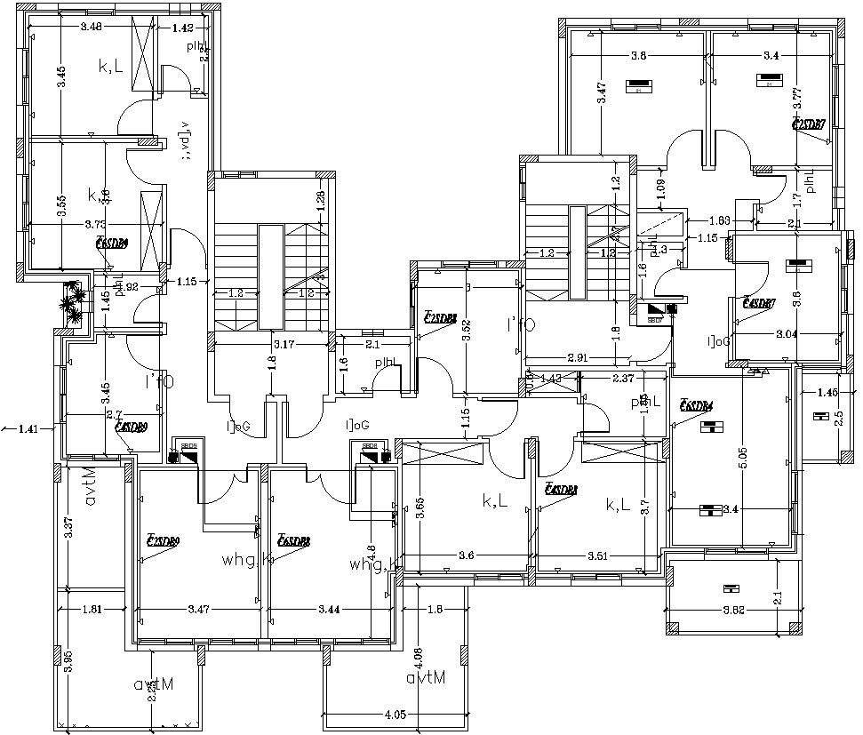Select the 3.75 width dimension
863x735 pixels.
(x=95, y=225)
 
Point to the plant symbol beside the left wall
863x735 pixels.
(x=73, y=302)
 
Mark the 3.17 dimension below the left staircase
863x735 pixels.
(x=284, y=343)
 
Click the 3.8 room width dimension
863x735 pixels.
(x=637, y=56)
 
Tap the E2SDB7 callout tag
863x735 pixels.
(x=808, y=124)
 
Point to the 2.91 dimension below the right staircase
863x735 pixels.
(x=578, y=357)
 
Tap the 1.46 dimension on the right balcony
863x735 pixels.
(x=827, y=393)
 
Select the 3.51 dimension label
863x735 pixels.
(x=598, y=556)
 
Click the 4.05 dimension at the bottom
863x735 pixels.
(x=396, y=714)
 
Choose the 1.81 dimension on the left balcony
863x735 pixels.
(x=92, y=610)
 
